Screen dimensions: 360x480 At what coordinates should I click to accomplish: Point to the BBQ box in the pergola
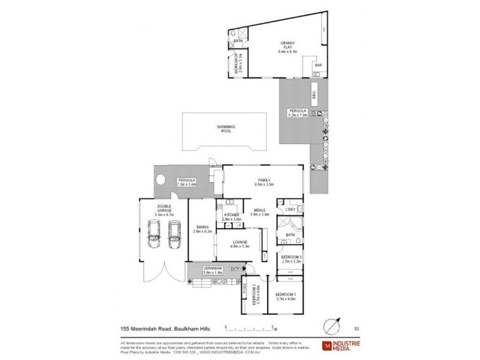tap(314, 95)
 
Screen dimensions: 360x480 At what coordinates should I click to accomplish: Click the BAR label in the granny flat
tap(319, 65)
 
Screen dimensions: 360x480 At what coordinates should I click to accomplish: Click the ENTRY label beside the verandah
tap(238, 268)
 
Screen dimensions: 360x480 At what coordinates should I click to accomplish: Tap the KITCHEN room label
tap(232, 215)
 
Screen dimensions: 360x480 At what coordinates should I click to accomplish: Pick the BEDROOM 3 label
tap(291, 257)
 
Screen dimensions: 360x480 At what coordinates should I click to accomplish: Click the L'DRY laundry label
tap(291, 209)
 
